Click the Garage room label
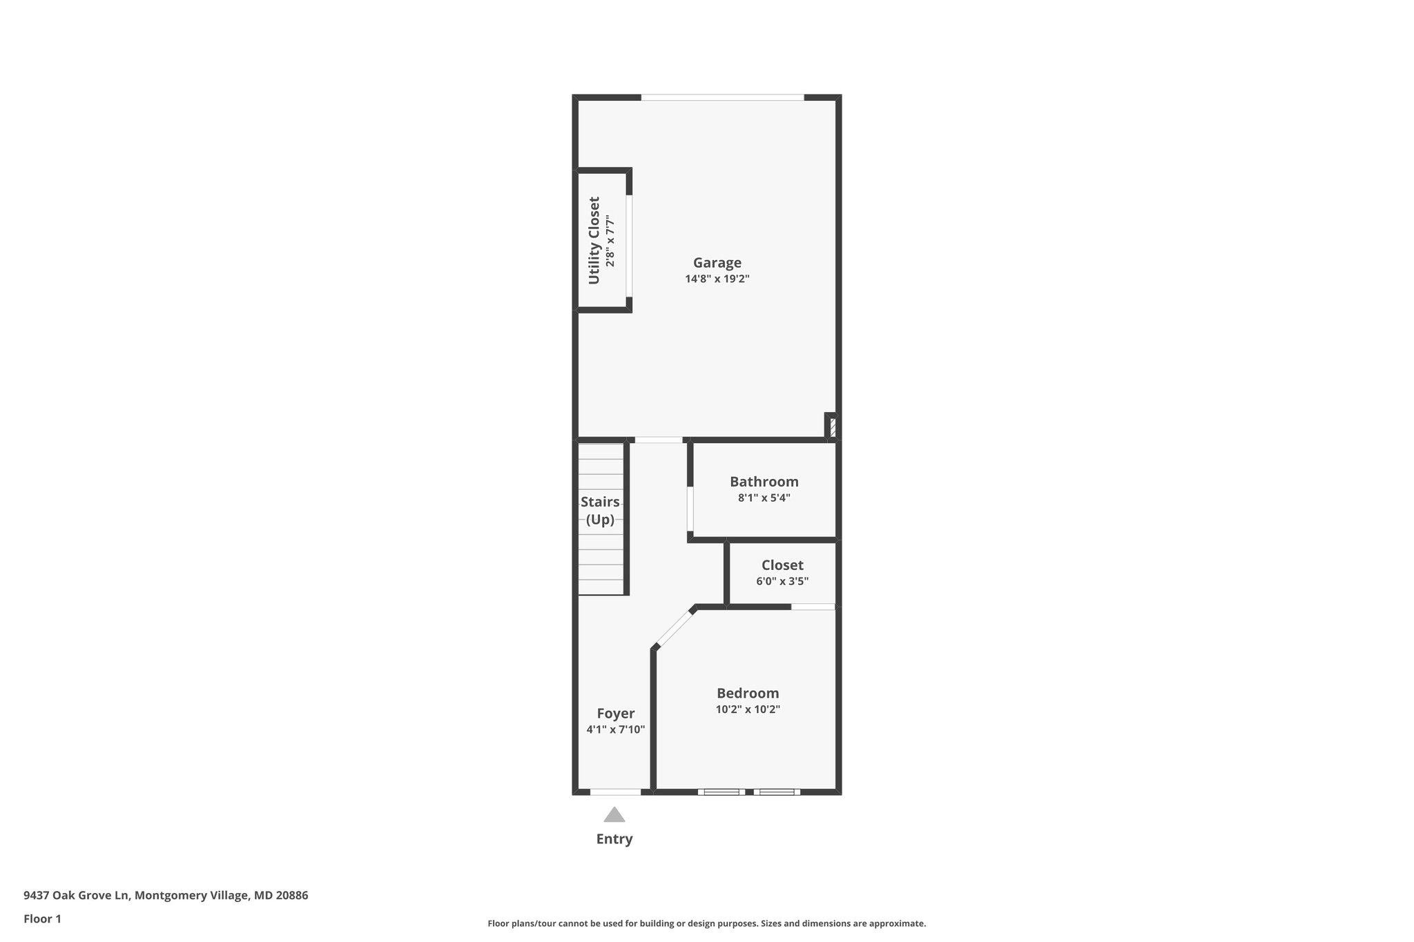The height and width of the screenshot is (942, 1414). point(717,263)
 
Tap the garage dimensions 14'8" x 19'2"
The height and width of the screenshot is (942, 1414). point(717,279)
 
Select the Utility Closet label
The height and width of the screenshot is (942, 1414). point(594,240)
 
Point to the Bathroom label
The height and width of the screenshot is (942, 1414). point(764,482)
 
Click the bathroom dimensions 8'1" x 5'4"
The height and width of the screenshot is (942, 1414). point(764,498)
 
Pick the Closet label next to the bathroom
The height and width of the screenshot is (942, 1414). point(782,565)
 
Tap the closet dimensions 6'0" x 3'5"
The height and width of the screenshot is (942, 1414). point(782,581)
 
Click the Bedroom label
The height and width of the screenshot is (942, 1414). point(748,694)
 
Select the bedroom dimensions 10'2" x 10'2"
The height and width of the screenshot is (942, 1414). point(748,709)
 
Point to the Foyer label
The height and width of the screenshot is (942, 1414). point(616,714)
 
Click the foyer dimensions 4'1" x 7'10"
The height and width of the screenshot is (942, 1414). point(616,729)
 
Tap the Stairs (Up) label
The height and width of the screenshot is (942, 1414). point(600,511)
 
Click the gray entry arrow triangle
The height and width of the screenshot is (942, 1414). point(614,815)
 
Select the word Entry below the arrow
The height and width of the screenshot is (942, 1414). point(614,839)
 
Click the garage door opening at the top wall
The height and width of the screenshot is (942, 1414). point(723,97)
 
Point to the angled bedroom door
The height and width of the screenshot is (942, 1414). point(675,627)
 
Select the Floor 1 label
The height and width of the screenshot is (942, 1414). point(42,919)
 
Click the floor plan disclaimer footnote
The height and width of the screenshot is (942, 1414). point(707,923)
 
